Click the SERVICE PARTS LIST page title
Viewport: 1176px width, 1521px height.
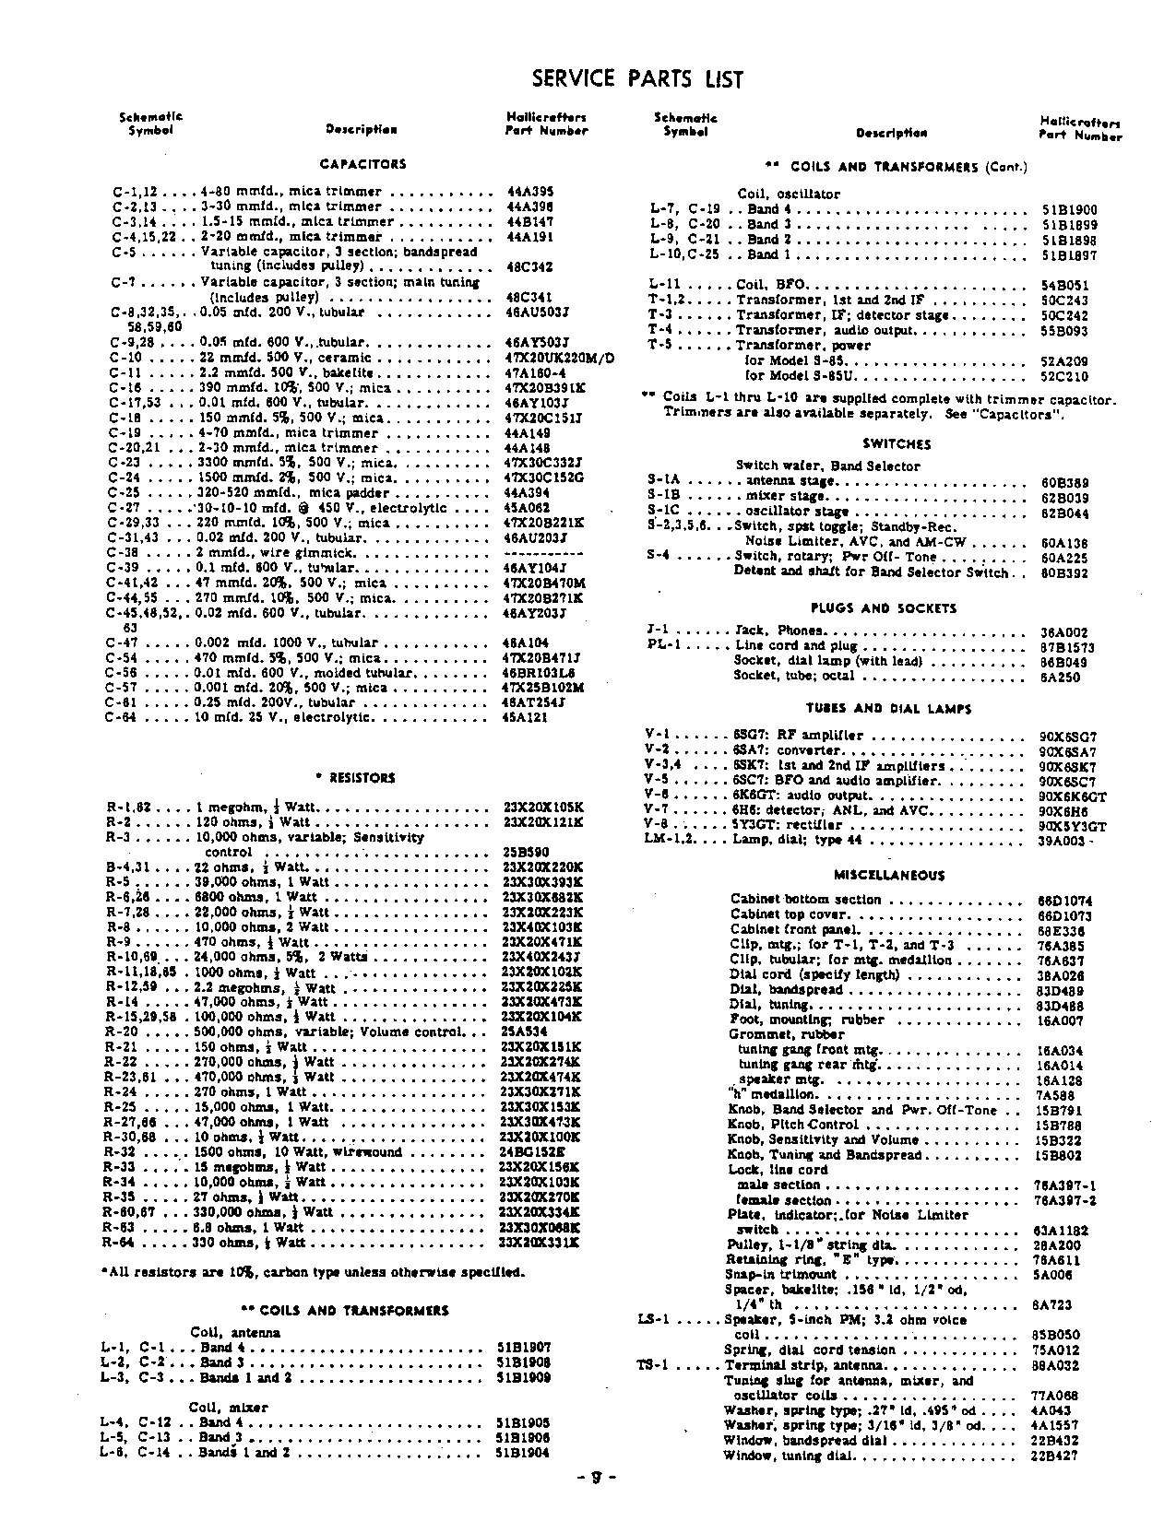tap(637, 79)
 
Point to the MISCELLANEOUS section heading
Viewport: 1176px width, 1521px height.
tap(889, 876)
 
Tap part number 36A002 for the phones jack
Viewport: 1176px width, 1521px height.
tap(1064, 632)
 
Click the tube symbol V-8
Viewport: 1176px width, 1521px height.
tap(658, 825)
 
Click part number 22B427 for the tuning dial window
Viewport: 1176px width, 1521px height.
tap(1053, 1456)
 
